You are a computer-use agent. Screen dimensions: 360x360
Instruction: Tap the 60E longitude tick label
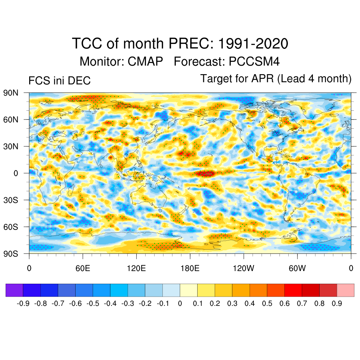[x=83, y=269]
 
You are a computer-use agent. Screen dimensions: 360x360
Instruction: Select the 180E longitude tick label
[x=190, y=269]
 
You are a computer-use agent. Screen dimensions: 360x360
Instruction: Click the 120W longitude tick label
[x=243, y=269]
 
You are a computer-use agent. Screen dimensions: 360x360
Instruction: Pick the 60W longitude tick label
[x=297, y=269]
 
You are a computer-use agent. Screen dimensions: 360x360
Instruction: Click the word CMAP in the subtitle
[x=145, y=62]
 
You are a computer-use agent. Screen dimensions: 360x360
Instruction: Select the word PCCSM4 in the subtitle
[x=254, y=62]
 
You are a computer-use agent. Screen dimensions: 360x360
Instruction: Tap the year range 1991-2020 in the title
[x=253, y=44]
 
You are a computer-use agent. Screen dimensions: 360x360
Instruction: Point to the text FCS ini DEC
[x=59, y=81]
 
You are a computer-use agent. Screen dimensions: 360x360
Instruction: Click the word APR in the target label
[x=263, y=79]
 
